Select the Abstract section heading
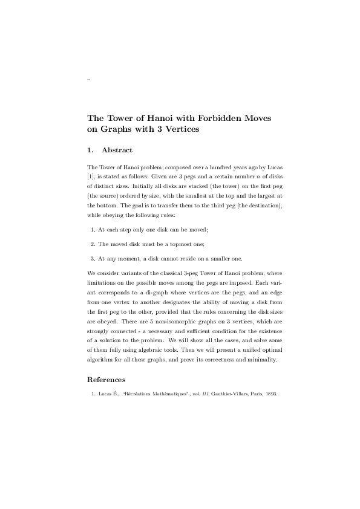pos(117,150)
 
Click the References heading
pos(106,380)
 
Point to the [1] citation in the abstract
pos(91,176)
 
